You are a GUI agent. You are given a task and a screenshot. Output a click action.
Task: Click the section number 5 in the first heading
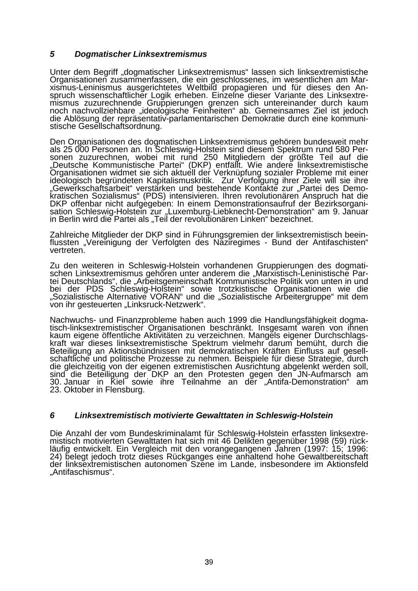click(52, 54)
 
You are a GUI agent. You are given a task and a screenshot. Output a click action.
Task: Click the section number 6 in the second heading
click(52, 416)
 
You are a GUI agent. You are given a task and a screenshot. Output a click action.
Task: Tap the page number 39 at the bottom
click(209, 562)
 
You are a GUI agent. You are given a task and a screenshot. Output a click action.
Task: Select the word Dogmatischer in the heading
click(103, 54)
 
